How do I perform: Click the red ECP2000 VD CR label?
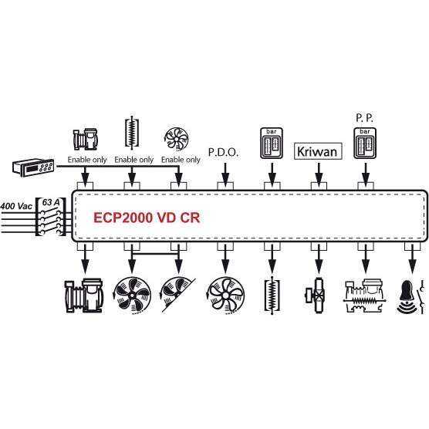pos(147,218)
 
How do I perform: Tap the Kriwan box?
pos(318,151)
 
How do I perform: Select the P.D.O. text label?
pos(223,153)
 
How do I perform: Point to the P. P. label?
pos(364,118)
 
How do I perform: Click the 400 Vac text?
pos(16,206)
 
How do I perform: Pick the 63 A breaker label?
pos(51,202)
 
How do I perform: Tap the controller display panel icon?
pos(33,167)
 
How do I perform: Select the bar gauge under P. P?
pos(365,143)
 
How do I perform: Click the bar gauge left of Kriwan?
pos(272,143)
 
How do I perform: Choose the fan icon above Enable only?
pos(177,139)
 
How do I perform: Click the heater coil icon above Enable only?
pos(132,133)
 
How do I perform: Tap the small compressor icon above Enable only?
pos(85,140)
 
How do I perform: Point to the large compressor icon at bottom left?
pos(84,296)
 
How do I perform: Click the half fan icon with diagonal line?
pos(177,295)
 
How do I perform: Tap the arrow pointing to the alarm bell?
pos(412,259)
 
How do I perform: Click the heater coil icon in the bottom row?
pos(272,296)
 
